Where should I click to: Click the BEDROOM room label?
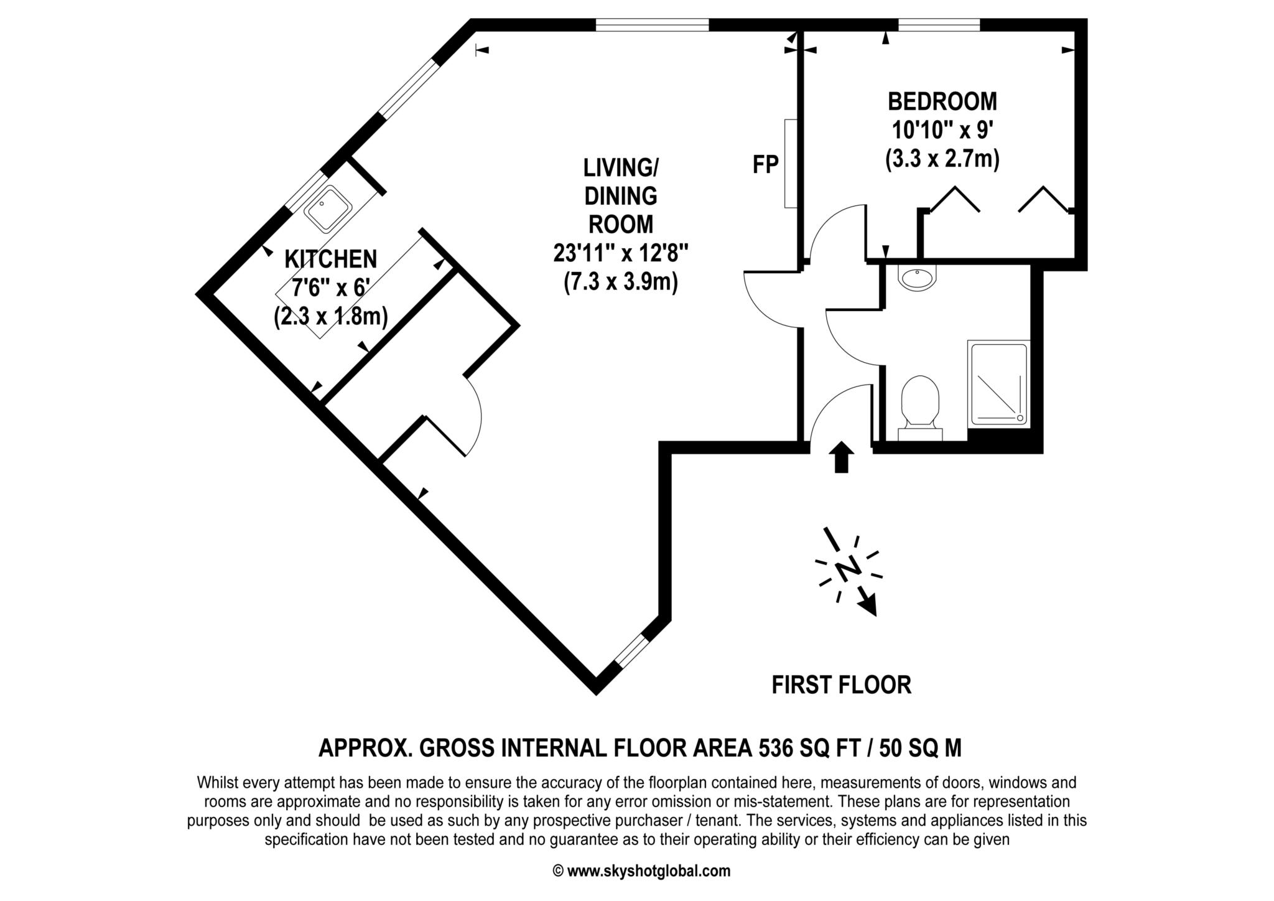coord(942,101)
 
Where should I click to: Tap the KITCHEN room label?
coord(330,259)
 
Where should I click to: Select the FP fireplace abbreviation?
coord(765,165)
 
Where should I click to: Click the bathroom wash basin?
coord(917,278)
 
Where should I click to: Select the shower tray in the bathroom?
coord(998,383)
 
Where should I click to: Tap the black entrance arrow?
coord(841,457)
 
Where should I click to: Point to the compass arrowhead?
coord(868,605)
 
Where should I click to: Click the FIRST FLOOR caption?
coord(841,685)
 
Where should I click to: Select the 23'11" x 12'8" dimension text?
coord(621,253)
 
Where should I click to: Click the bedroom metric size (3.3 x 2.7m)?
coord(942,159)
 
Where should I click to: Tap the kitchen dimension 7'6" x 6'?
coord(331,287)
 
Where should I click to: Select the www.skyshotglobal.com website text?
coord(649,871)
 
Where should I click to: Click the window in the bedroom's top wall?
coord(939,25)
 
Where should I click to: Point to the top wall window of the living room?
coord(653,25)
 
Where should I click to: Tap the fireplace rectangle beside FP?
coord(791,164)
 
